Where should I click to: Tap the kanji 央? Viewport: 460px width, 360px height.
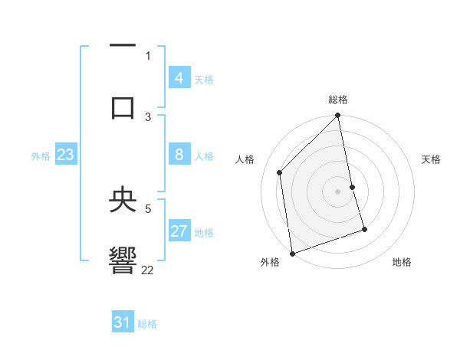[123, 201]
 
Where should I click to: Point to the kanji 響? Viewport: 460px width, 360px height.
[123, 260]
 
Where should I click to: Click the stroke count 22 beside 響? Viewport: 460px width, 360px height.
[148, 270]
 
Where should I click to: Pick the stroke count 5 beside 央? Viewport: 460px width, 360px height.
[148, 207]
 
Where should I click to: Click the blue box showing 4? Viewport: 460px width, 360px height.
[179, 78]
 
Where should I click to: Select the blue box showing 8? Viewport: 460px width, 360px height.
[179, 155]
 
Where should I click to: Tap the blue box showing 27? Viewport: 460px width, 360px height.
[179, 231]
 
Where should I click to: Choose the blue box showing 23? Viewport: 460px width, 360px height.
[65, 155]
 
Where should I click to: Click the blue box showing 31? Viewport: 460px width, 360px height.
[123, 323]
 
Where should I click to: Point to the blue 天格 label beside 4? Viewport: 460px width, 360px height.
[204, 80]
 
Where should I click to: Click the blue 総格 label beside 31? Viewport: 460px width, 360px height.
[147, 324]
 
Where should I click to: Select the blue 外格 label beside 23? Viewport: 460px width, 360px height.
[41, 156]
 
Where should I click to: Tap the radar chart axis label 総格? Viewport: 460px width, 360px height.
[338, 100]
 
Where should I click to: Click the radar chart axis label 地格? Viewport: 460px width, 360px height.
[402, 263]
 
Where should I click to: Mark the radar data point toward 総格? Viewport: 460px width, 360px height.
[338, 116]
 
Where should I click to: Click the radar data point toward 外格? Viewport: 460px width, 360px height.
[292, 253]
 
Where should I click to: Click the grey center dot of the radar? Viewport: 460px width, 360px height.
[338, 191]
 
